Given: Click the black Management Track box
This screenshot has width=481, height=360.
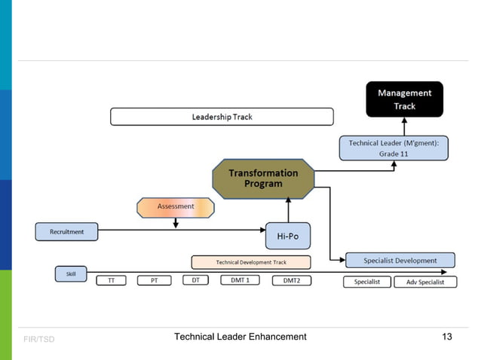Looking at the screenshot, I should pyautogui.click(x=404, y=99).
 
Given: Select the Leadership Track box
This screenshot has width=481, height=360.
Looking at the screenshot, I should pyautogui.click(x=222, y=117).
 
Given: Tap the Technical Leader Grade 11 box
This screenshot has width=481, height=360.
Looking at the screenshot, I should pyautogui.click(x=394, y=148).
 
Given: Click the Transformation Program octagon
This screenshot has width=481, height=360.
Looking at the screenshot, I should pyautogui.click(x=263, y=178).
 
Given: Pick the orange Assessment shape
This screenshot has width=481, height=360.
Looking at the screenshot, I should pyautogui.click(x=175, y=207).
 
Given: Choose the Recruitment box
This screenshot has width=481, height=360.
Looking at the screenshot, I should pyautogui.click(x=67, y=232).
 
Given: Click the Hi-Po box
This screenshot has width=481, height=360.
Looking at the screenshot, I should pyautogui.click(x=288, y=236).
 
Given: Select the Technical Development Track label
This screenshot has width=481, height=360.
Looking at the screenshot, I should pyautogui.click(x=251, y=262).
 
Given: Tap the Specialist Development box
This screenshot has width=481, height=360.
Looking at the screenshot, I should pyautogui.click(x=400, y=261).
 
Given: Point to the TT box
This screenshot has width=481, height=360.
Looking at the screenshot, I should pyautogui.click(x=111, y=281).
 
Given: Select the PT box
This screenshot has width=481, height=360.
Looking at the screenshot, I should pyautogui.click(x=154, y=281).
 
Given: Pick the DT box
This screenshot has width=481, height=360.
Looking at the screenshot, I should pyautogui.click(x=195, y=280).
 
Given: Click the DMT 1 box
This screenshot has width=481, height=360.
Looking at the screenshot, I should pyautogui.click(x=240, y=280).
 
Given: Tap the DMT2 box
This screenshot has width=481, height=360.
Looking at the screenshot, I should pyautogui.click(x=291, y=281).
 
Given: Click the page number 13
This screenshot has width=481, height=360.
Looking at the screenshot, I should pyautogui.click(x=446, y=337).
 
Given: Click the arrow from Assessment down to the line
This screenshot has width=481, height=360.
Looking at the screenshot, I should pyautogui.click(x=175, y=223).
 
